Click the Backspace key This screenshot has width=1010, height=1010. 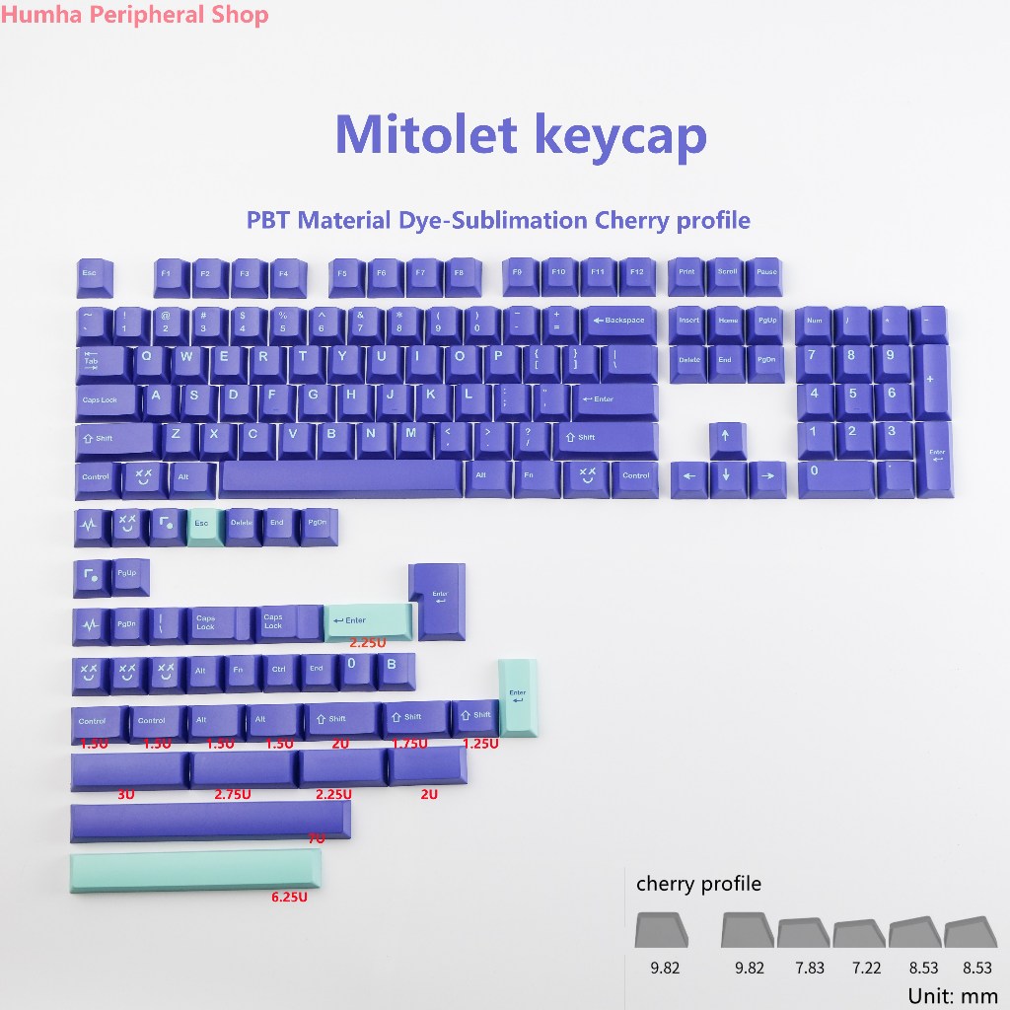pyautogui.click(x=618, y=321)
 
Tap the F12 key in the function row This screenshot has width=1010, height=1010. pyautogui.click(x=637, y=272)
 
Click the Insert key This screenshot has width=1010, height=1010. pyautogui.click(x=688, y=321)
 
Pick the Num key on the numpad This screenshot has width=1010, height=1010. pyautogui.click(x=814, y=321)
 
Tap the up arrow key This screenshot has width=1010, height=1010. pyautogui.click(x=727, y=435)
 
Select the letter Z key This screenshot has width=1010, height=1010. pyautogui.click(x=178, y=434)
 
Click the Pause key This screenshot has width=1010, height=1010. pyautogui.click(x=766, y=272)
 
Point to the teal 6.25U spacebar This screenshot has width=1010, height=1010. pyautogui.click(x=195, y=871)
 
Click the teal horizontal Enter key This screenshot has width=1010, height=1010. pyautogui.click(x=368, y=620)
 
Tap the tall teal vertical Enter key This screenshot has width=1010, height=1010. pyautogui.click(x=518, y=696)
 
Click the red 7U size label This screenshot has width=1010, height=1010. pyautogui.click(x=316, y=838)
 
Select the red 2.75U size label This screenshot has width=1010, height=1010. pyautogui.click(x=233, y=793)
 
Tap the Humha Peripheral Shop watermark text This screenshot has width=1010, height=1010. pyautogui.click(x=134, y=15)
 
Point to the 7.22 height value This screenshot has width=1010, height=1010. pyautogui.click(x=860, y=968)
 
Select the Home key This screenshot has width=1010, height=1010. pyautogui.click(x=728, y=321)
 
